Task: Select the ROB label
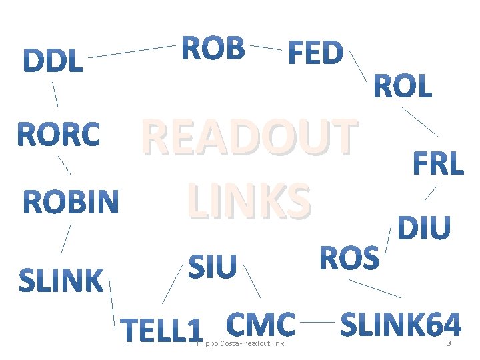(213, 48)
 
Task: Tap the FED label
(315, 53)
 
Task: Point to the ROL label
(403, 87)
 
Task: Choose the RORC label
(59, 135)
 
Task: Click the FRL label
(438, 164)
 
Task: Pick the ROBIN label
(71, 203)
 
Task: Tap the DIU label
(424, 228)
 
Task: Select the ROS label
(350, 259)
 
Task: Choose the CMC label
(261, 325)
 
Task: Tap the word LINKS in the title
(249, 199)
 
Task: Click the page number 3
(449, 344)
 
